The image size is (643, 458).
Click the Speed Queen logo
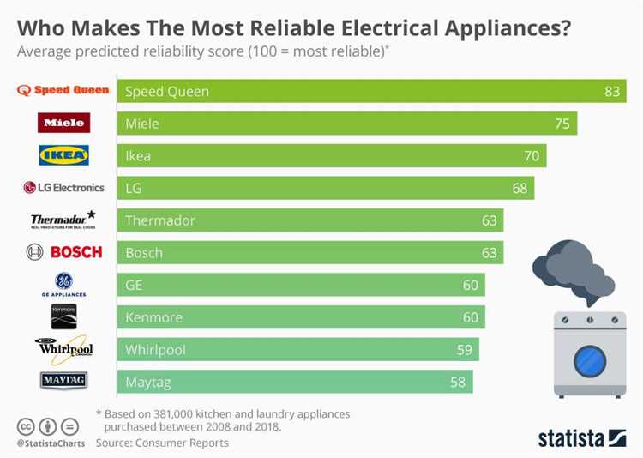tap(63, 91)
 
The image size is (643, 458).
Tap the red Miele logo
tap(63, 123)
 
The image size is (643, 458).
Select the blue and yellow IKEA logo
tap(63, 155)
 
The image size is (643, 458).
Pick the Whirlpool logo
tap(63, 348)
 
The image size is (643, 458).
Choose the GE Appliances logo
tap(63, 283)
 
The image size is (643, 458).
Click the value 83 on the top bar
tap(611, 91)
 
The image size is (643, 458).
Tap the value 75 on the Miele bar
tap(562, 124)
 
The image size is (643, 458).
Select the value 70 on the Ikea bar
tap(532, 156)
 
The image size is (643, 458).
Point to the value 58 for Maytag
tap(458, 382)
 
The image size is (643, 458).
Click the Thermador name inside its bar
tap(160, 220)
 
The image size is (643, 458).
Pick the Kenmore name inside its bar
tap(153, 317)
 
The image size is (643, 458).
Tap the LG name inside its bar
tap(133, 188)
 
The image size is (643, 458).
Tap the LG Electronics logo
tap(63, 187)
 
